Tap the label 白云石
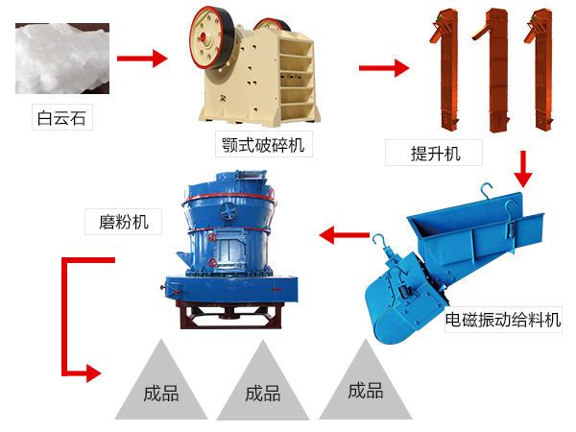[x=60, y=120]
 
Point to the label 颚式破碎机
[x=264, y=146]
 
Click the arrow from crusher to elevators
[x=383, y=68]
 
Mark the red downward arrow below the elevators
[x=522, y=169]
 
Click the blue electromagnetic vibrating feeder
[x=451, y=259]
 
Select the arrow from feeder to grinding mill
[x=345, y=234]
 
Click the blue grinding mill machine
[x=230, y=240]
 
